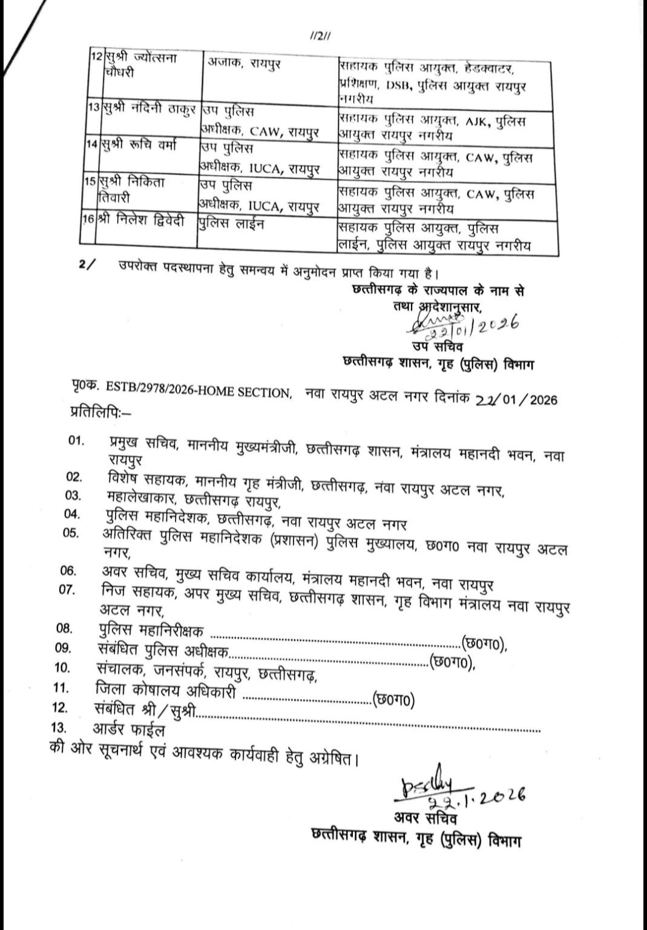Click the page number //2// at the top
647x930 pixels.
(319, 37)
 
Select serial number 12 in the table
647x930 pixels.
(94, 58)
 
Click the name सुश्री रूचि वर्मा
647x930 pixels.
(141, 147)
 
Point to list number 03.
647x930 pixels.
(73, 496)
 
